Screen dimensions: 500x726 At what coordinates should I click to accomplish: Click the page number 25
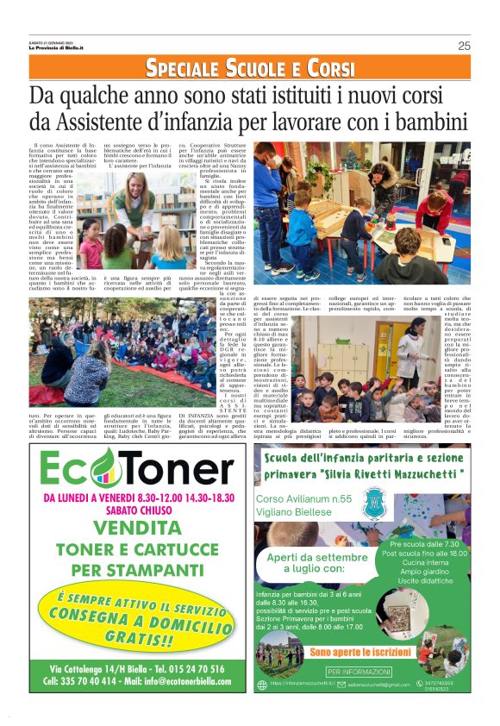point(464,46)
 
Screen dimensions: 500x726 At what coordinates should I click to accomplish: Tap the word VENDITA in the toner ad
point(135,527)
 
